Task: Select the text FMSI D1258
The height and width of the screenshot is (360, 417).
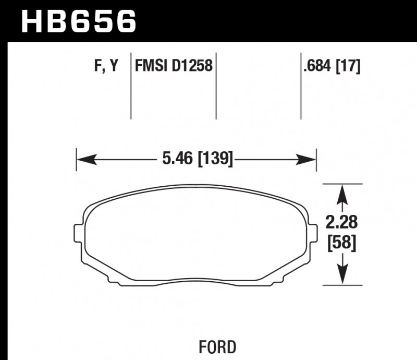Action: pyautogui.click(x=174, y=66)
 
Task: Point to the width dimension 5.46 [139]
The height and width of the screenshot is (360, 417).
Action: pyautogui.click(x=195, y=158)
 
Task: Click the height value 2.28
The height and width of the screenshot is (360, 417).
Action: pyautogui.click(x=342, y=223)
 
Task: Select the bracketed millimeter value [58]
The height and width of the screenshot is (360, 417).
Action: pyautogui.click(x=342, y=243)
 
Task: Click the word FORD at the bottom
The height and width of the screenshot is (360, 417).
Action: pyautogui.click(x=217, y=346)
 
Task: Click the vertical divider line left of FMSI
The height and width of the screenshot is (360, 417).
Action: pyautogui.click(x=131, y=86)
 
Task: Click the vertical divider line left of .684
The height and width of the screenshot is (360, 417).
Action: pyautogui.click(x=301, y=86)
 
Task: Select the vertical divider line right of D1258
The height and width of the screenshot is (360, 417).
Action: pyautogui.click(x=216, y=86)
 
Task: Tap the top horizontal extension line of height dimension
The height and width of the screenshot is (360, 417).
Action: pyautogui.click(x=342, y=184)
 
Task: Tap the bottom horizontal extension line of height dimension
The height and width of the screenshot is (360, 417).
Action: pyautogui.click(x=342, y=285)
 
